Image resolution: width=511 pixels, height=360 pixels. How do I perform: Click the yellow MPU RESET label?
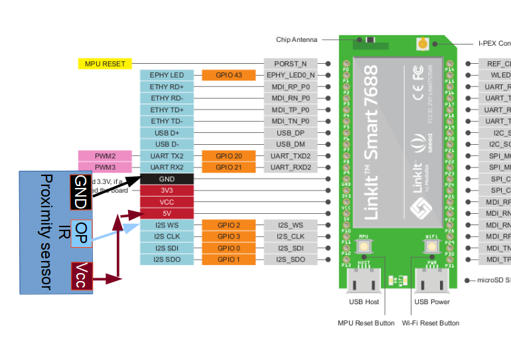pyautogui.click(x=105, y=64)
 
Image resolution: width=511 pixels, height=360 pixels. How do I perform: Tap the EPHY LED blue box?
pyautogui.click(x=167, y=75)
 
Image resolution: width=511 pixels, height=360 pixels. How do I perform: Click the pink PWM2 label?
pyautogui.click(x=105, y=155)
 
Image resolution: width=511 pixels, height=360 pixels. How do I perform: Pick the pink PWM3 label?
pyautogui.click(x=105, y=167)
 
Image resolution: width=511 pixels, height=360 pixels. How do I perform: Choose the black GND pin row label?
pyautogui.click(x=167, y=179)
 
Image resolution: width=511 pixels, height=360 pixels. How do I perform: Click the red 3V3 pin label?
pyautogui.click(x=167, y=191)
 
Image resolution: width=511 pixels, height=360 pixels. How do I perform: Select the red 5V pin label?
pyautogui.click(x=167, y=213)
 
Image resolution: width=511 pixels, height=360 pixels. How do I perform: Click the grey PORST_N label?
pyautogui.click(x=290, y=64)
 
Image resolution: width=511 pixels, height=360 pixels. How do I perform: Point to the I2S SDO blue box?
pyautogui.click(x=167, y=259)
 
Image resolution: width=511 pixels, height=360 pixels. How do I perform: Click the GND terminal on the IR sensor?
pyautogui.click(x=80, y=189)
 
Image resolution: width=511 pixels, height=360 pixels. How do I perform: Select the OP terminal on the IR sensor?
pyautogui.click(x=81, y=233)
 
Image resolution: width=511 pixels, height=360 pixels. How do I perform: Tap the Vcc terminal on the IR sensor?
pyautogui.click(x=81, y=276)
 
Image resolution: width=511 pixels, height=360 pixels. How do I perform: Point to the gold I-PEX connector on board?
pyautogui.click(x=422, y=44)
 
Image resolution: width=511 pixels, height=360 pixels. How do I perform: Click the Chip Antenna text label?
pyautogui.click(x=297, y=40)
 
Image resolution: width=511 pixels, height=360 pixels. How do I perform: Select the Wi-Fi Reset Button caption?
pyautogui.click(x=430, y=323)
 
